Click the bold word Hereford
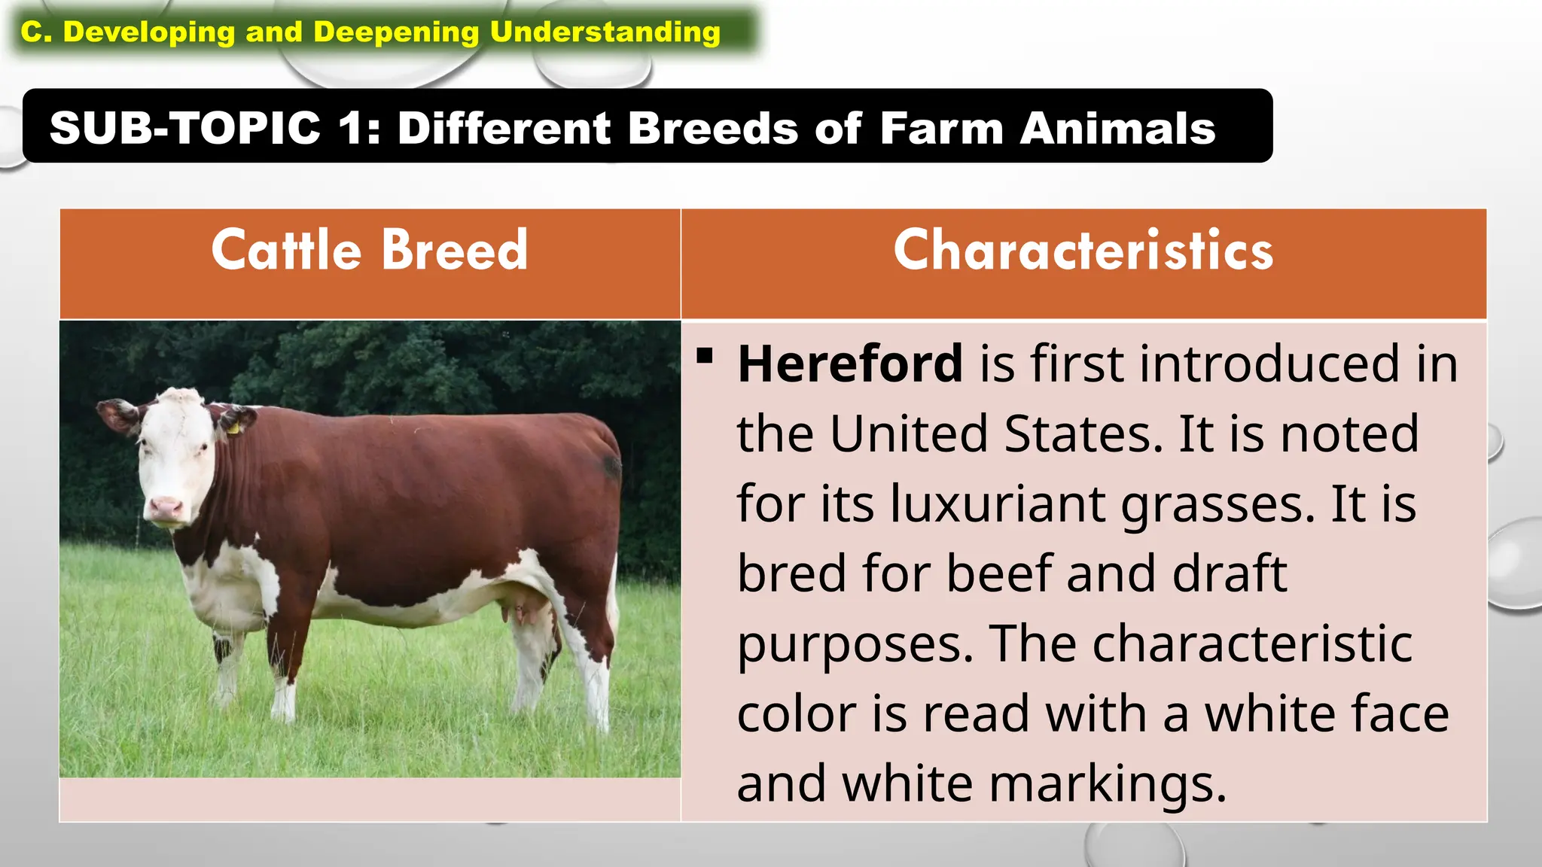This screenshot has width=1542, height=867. [x=850, y=364]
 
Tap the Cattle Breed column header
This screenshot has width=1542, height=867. [x=369, y=250]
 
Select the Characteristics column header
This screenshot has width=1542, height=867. [x=1083, y=250]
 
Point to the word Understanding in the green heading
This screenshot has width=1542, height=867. [x=605, y=32]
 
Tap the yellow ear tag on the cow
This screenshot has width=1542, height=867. [x=233, y=428]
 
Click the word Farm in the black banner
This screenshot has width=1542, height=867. [x=942, y=127]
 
